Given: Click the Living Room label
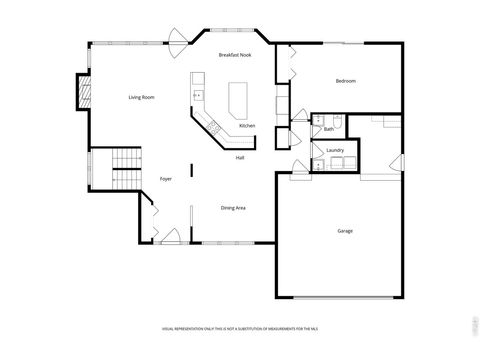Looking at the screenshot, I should (x=140, y=97).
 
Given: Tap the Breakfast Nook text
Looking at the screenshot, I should (x=234, y=54).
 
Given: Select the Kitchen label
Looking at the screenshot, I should (x=246, y=125).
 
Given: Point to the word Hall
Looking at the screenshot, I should (x=240, y=157).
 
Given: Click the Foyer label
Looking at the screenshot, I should (x=166, y=179).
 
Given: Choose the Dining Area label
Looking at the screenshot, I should (x=233, y=207).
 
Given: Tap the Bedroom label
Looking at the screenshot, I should (x=346, y=80).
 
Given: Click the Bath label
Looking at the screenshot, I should (x=328, y=129).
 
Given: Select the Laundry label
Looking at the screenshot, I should (x=334, y=150).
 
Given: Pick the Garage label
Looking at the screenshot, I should (x=344, y=231).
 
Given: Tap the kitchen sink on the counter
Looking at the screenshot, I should (x=198, y=96).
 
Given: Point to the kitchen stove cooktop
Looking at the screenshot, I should (x=213, y=126).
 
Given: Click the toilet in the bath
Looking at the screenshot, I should (x=338, y=122).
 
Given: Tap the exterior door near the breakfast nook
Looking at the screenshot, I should (x=176, y=40).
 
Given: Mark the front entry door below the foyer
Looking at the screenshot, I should (x=168, y=239).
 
